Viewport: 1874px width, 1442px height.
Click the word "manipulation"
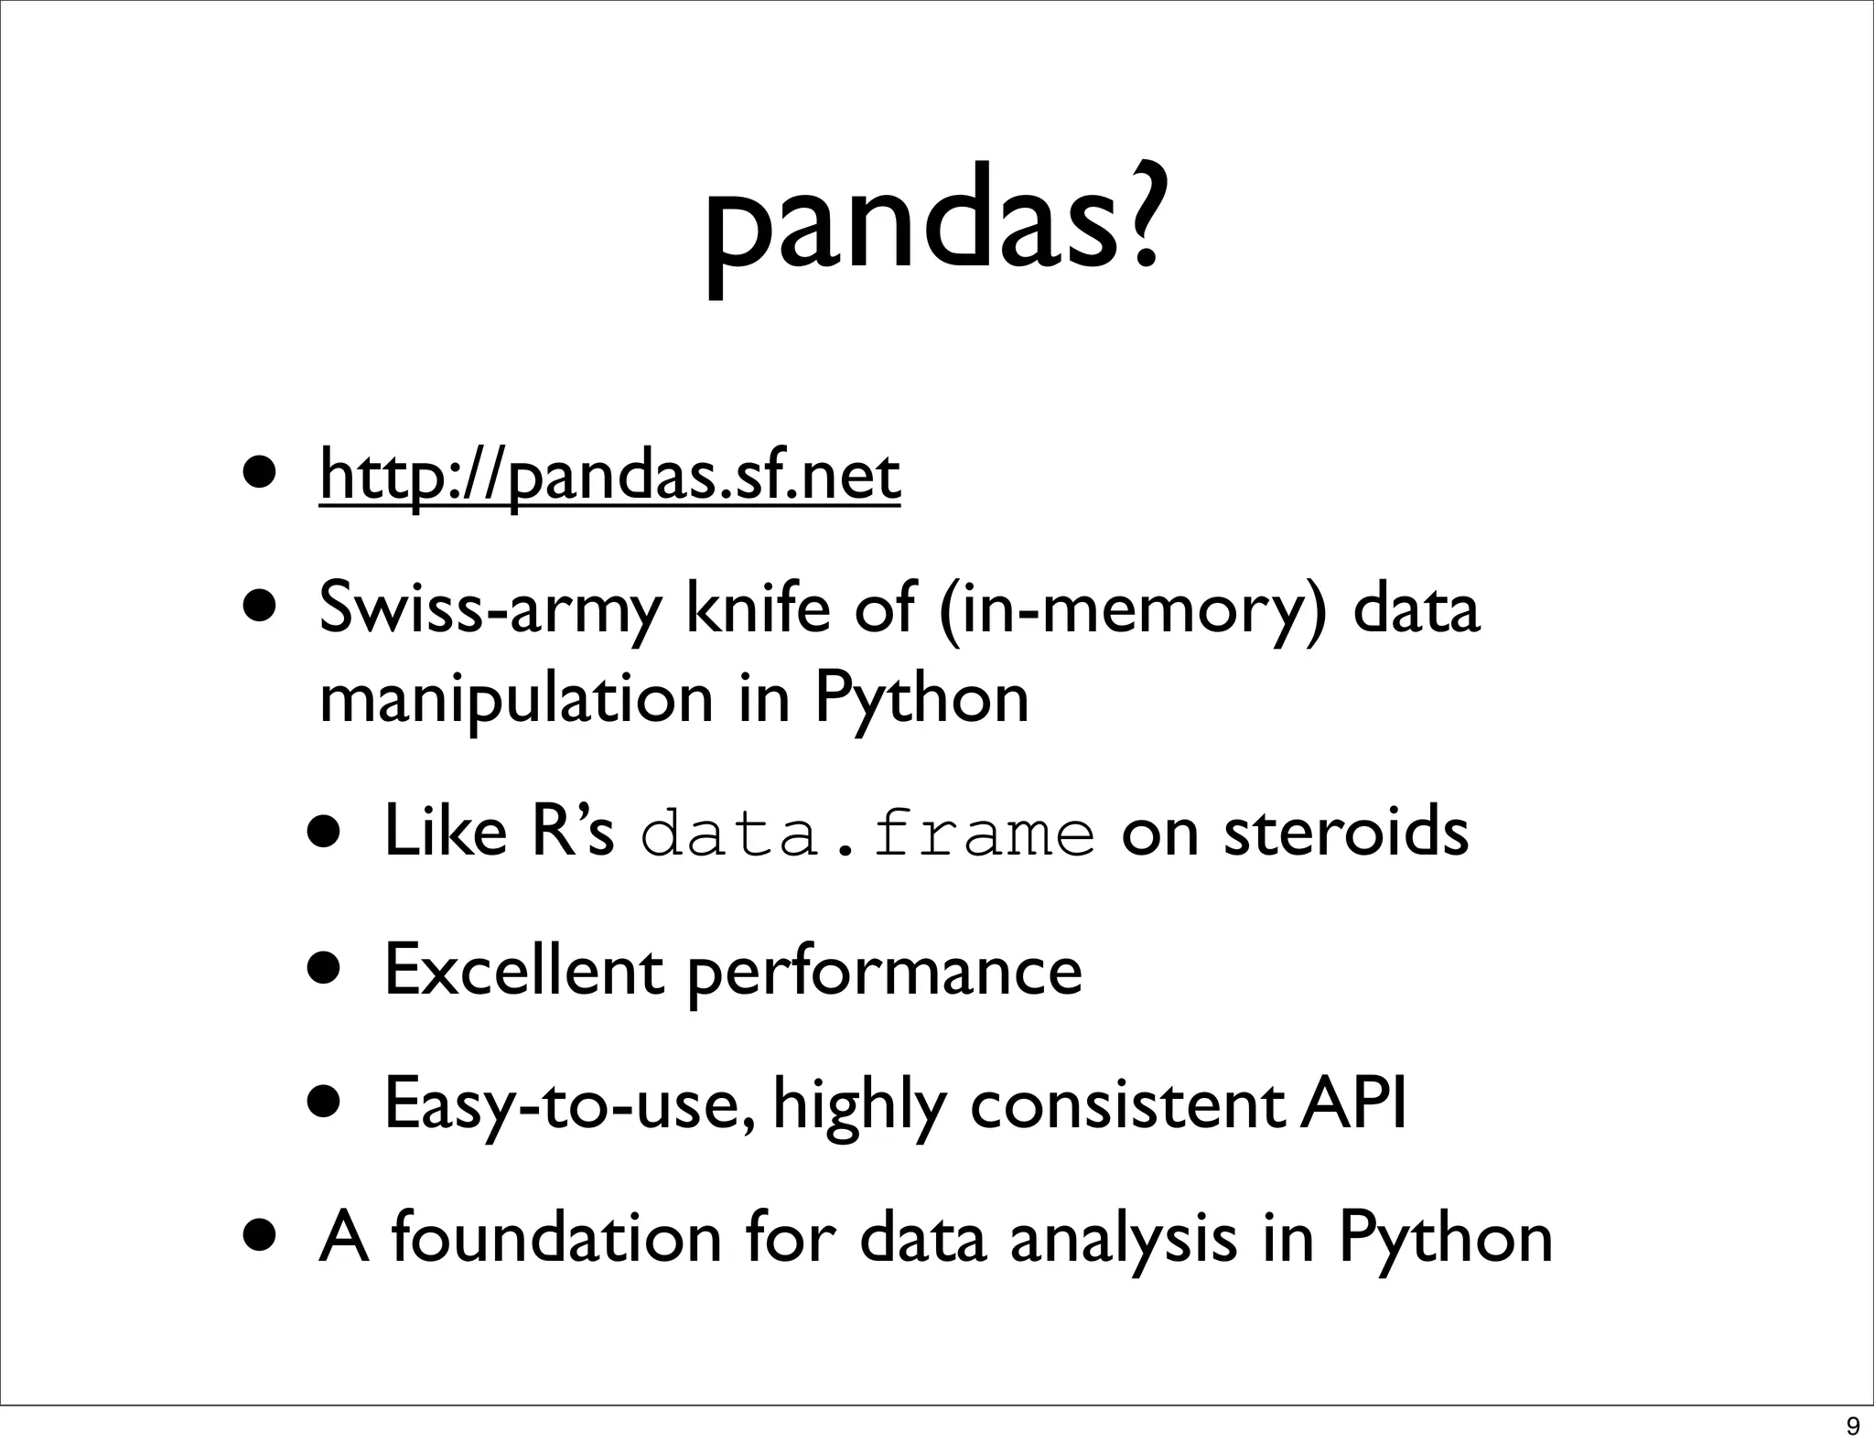point(515,701)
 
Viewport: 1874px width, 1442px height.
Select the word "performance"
point(884,972)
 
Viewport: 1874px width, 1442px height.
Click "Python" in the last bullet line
point(1446,1241)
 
